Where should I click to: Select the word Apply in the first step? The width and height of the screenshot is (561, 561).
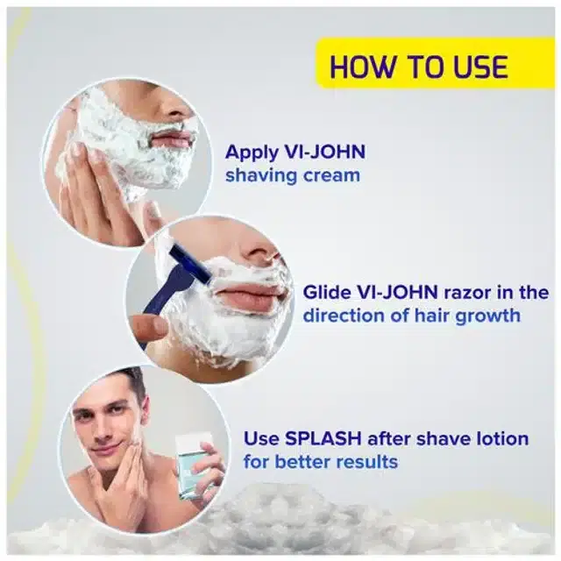252,153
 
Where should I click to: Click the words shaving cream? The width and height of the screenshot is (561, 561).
293,175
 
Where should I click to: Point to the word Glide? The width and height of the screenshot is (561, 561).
327,292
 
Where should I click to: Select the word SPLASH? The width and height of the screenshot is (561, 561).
323,438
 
